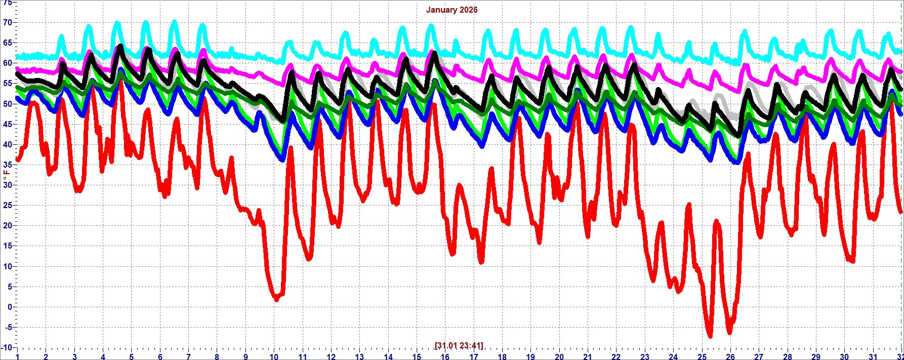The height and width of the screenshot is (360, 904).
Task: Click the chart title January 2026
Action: (451, 10)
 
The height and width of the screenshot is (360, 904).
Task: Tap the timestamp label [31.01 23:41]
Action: (459, 345)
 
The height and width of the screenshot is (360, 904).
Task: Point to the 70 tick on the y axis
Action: (7, 22)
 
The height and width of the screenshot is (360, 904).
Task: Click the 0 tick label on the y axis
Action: (9, 307)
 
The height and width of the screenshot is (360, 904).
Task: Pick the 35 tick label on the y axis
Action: (7, 165)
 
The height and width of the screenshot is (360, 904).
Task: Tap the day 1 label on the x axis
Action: (17, 356)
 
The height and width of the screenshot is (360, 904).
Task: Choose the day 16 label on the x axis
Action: (445, 356)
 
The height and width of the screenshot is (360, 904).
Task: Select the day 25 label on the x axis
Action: (702, 356)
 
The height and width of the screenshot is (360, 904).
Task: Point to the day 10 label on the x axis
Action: (274, 356)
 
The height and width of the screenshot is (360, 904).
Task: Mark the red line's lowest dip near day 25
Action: (710, 335)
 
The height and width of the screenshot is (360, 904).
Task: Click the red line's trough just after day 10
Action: (276, 299)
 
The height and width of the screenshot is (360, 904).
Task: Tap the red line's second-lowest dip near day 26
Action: (729, 332)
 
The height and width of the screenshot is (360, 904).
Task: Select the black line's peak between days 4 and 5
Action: (120, 46)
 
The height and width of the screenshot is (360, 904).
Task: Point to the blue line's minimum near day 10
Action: (282, 159)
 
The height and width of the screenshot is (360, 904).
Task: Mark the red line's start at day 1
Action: (18, 159)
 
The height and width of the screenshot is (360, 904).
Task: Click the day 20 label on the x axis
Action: (559, 356)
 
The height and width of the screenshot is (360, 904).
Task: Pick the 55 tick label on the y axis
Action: (7, 84)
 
